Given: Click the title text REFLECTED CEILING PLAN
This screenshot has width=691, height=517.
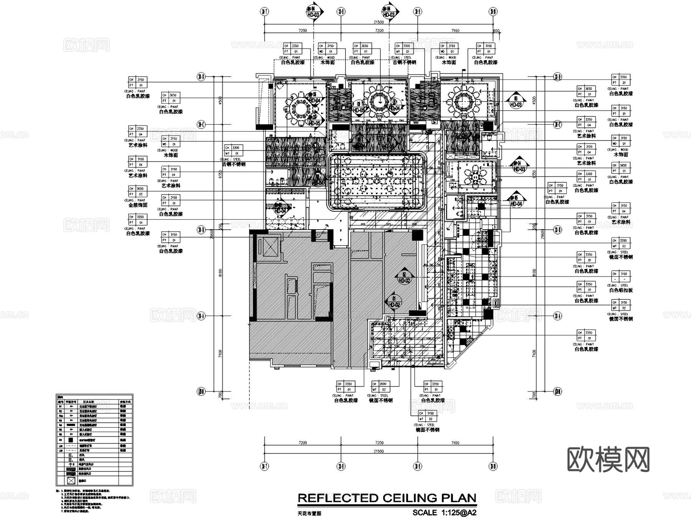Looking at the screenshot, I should tap(387, 498).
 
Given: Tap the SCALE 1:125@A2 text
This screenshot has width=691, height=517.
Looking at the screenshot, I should tap(444, 512).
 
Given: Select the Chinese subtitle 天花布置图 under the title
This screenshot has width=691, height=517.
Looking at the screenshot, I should tap(309, 513).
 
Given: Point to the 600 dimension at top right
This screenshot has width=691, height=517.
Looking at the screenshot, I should tap(496, 31).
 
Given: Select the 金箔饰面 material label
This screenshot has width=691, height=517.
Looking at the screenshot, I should tap(138, 205).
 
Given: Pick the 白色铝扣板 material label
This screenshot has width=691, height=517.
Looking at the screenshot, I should tap(621, 291).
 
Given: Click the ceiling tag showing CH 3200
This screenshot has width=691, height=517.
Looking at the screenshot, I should tap(621, 241).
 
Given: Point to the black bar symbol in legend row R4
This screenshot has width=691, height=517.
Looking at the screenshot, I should tap(71, 425).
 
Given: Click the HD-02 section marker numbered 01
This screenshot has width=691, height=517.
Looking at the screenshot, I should tap(393, 302).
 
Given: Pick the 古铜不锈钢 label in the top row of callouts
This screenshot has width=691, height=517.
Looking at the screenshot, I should tap(404, 62).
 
